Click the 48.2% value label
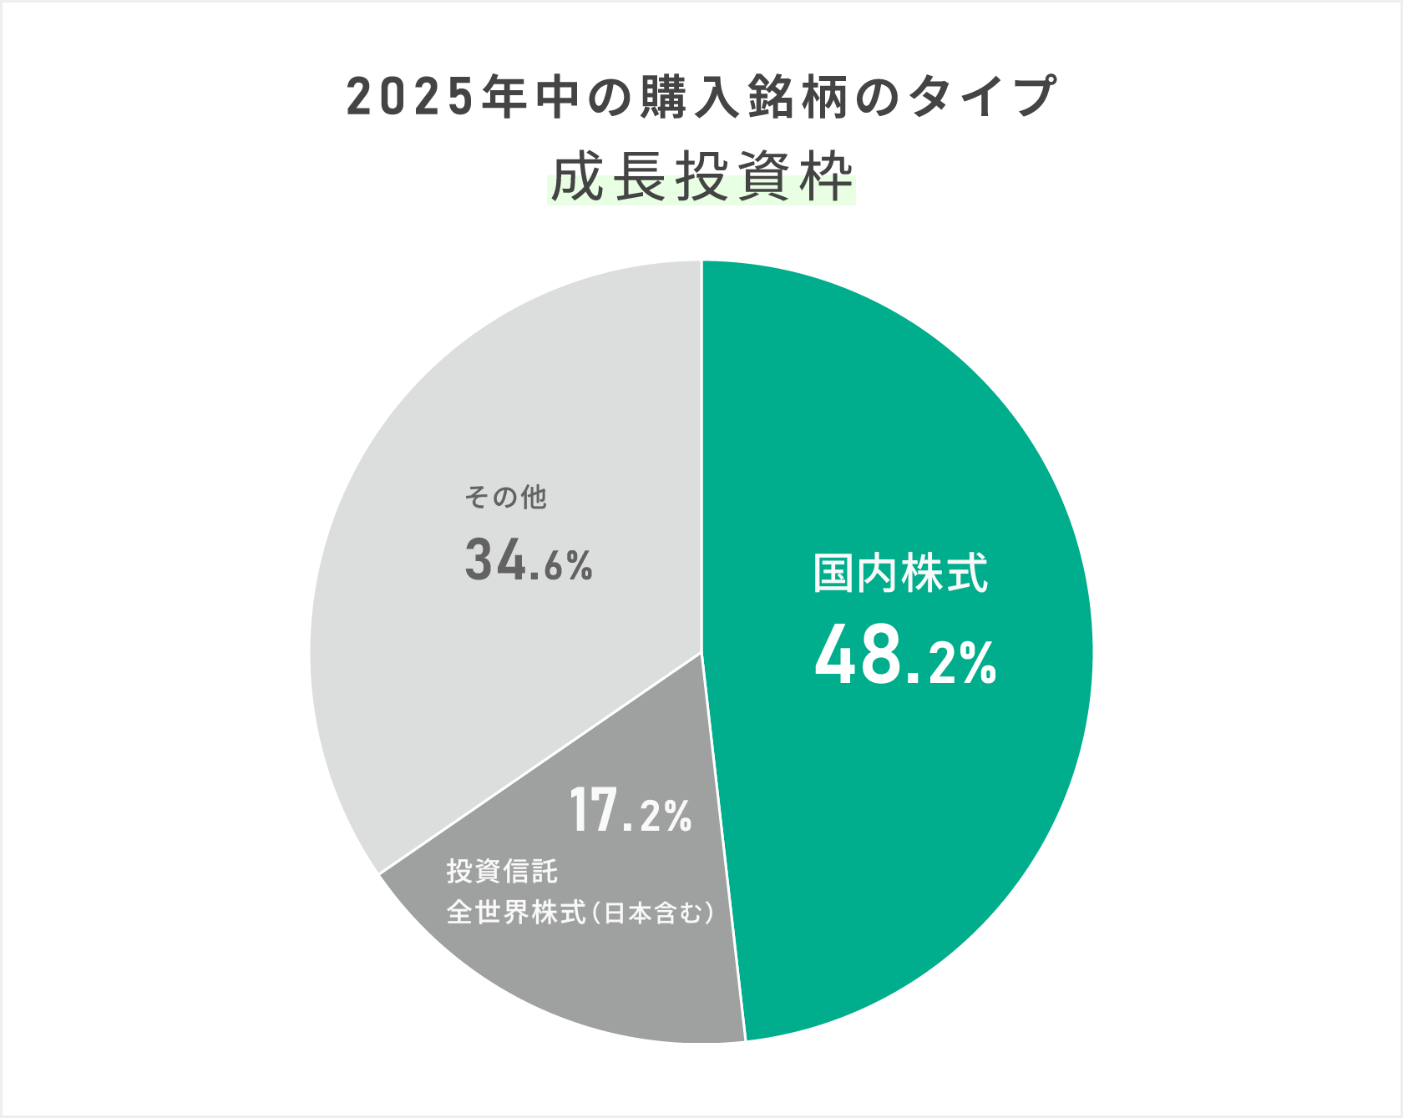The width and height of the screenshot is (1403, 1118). click(905, 657)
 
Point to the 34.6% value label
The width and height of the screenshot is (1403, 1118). click(529, 560)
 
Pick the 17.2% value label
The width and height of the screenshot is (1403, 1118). click(631, 811)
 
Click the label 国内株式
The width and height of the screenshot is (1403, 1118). click(900, 574)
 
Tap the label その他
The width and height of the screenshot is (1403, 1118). click(505, 498)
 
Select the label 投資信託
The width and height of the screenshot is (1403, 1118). click(502, 871)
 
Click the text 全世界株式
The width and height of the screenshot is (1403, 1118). click(516, 913)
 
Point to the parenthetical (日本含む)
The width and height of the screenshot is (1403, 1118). click(654, 913)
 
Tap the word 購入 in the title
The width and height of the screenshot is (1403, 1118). click(690, 98)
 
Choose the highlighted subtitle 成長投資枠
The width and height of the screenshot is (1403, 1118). click(701, 177)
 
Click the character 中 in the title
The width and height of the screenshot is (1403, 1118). click(558, 98)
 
